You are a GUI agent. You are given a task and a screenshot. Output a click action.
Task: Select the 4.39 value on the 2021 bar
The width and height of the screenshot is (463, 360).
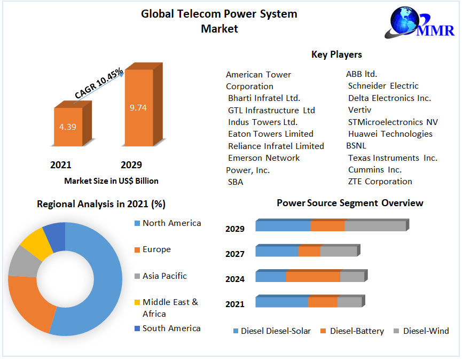68,127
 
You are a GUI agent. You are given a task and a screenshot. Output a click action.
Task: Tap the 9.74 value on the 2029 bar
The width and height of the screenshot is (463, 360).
138,107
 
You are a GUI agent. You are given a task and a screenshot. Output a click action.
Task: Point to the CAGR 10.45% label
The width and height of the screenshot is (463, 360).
99,83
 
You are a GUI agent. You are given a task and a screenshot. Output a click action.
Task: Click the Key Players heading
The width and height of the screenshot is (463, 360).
336,54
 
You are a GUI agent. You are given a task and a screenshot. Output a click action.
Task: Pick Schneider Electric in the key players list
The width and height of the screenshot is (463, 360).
383,86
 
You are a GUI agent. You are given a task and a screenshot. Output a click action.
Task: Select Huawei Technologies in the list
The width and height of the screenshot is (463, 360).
390,134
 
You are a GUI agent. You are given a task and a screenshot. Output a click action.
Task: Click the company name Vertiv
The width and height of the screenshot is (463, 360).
359,110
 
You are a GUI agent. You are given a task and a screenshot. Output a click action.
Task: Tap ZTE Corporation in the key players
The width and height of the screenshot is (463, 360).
380,182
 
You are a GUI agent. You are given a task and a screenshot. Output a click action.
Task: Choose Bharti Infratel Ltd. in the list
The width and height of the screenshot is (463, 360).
264,98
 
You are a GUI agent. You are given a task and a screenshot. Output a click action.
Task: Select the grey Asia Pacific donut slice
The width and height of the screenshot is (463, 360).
23,261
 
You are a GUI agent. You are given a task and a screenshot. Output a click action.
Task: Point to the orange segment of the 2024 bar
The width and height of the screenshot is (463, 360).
313,277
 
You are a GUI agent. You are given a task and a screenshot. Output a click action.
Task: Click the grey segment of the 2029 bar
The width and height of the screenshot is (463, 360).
375,226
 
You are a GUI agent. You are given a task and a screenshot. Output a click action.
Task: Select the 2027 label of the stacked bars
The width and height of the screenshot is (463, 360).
235,254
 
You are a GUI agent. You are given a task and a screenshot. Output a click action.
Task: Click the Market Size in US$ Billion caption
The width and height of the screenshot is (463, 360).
111,181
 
